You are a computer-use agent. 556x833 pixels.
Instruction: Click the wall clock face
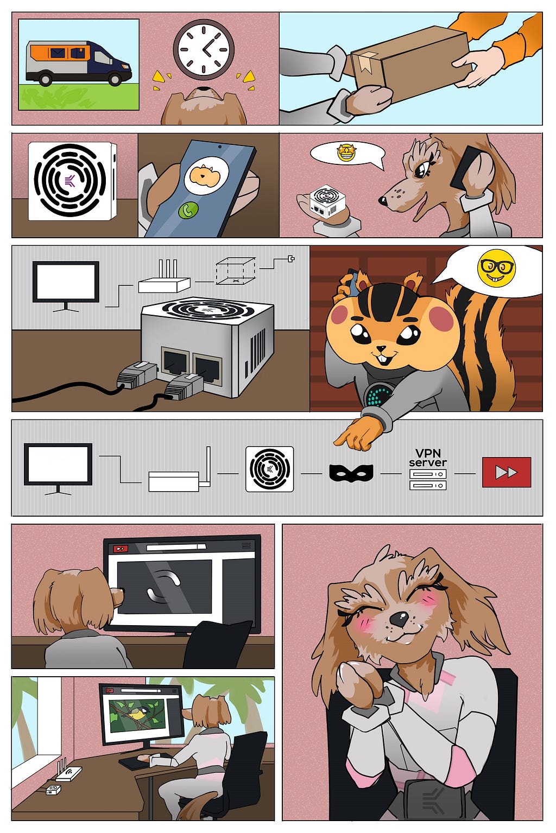coord(204,49)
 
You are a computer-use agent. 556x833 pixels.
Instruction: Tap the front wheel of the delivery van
coord(115,79)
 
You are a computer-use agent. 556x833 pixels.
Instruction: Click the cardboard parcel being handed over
coord(409,63)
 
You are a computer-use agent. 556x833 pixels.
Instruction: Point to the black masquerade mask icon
coord(351,472)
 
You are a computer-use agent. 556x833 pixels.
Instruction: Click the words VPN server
coord(428,458)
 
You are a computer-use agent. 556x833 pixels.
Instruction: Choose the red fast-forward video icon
coord(507,472)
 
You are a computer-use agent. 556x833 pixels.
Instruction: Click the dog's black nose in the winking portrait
coord(399,619)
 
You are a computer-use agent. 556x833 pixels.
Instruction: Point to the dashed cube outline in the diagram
coord(235,270)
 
